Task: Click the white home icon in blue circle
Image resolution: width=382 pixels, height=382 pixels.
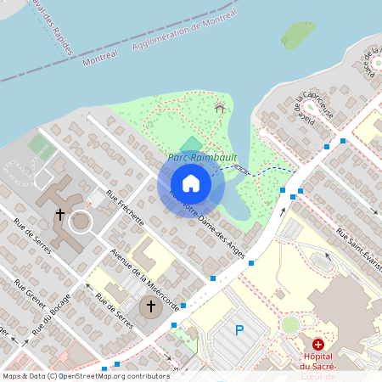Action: (191, 183)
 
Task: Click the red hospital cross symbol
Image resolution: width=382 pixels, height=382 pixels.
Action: (318, 345)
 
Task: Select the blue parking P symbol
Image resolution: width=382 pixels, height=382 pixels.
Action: (239, 330)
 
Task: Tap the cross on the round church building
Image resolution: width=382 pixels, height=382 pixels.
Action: (151, 306)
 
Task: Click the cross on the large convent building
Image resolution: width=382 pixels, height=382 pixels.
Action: (60, 215)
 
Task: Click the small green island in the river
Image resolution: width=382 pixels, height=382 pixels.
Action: (297, 34)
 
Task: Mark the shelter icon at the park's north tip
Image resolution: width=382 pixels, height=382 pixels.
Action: (221, 107)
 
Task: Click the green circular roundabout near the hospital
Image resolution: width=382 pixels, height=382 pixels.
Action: (291, 324)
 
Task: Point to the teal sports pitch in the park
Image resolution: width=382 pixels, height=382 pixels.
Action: (193, 144)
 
